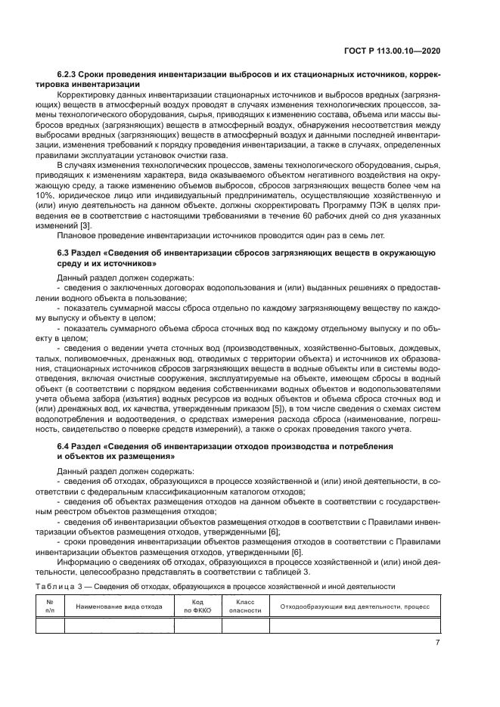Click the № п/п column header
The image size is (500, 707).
click(x=49, y=606)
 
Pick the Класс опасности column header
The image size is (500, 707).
click(x=244, y=606)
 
